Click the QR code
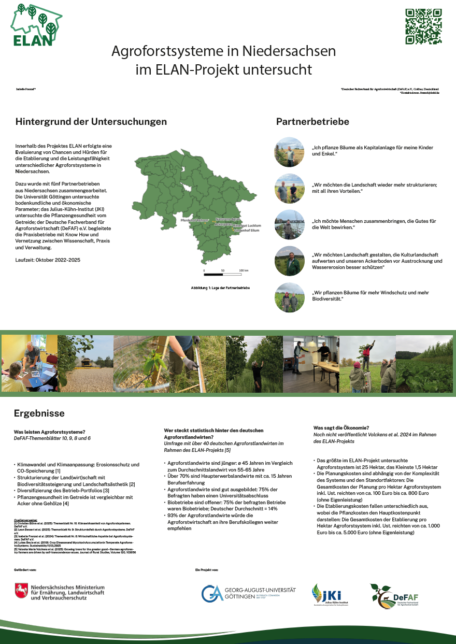[x=423, y=26]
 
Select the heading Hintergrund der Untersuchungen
[x=91, y=122]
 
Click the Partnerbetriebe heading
[x=312, y=122]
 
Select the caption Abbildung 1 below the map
[x=220, y=288]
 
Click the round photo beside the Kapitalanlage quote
[x=289, y=152]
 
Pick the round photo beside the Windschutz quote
[x=289, y=297]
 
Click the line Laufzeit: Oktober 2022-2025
[x=48, y=259]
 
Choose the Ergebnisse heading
[x=39, y=413]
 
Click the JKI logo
[x=326, y=595]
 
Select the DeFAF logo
[x=394, y=596]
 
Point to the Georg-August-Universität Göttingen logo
[x=248, y=593]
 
